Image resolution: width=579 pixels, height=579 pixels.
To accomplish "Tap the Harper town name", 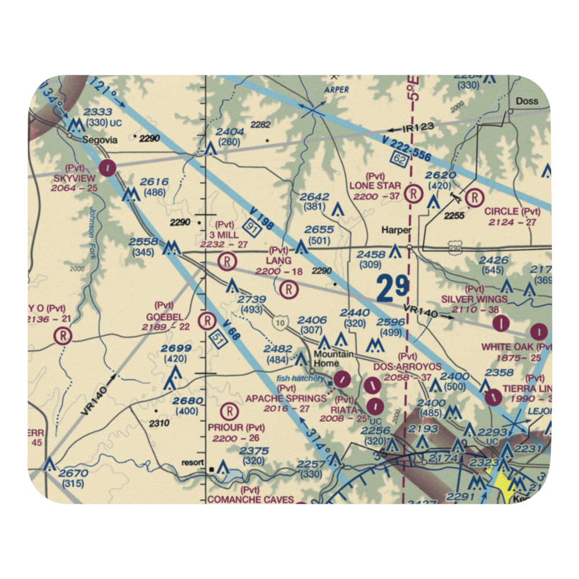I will pyautogui.click(x=396, y=230).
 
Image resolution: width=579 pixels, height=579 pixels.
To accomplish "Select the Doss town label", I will pyautogui.click(x=527, y=101).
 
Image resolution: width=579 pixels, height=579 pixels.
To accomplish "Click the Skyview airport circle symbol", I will pyautogui.click(x=107, y=168).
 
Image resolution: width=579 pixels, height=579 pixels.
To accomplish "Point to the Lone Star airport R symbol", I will pyautogui.click(x=413, y=193).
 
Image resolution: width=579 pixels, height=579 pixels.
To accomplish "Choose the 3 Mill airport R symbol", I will pyautogui.click(x=228, y=262).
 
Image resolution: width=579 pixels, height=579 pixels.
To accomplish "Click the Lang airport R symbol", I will pyautogui.click(x=288, y=288).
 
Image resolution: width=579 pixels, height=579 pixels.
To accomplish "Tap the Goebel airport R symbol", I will pyautogui.click(x=207, y=320).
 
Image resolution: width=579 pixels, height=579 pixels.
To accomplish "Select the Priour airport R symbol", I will pyautogui.click(x=230, y=411).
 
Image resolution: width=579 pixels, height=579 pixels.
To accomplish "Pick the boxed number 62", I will pyautogui.click(x=397, y=156).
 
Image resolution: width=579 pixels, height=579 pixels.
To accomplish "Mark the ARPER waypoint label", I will pyautogui.click(x=336, y=90).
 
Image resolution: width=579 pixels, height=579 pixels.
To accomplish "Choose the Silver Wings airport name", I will pyautogui.click(x=474, y=299).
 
